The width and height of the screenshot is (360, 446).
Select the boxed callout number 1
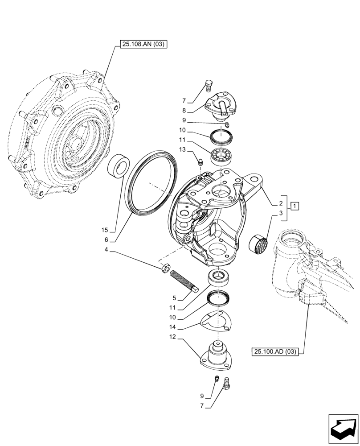[295, 206]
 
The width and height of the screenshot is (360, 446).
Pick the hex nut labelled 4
[164, 268]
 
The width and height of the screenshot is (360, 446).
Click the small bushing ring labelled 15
[119, 166]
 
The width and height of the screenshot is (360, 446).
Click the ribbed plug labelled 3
[258, 243]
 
